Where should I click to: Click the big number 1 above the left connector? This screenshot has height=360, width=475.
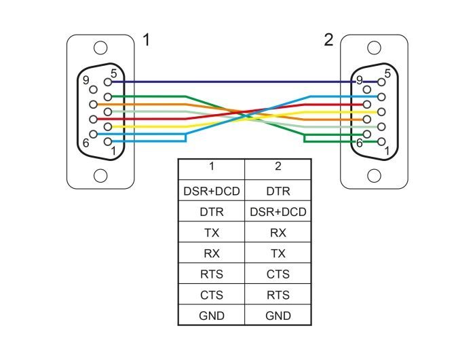point(146,40)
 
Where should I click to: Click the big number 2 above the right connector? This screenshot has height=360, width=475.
point(328,40)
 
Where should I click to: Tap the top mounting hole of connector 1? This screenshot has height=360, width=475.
point(100,48)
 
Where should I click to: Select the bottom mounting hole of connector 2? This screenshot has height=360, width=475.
point(373,176)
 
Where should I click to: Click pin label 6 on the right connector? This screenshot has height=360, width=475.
point(360,143)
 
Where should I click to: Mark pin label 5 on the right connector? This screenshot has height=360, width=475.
point(388,73)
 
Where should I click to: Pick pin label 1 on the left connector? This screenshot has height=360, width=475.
point(113,150)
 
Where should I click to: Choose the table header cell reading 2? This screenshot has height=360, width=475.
point(278,166)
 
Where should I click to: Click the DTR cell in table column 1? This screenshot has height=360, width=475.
point(211,212)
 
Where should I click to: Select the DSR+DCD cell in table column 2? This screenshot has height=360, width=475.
point(278,212)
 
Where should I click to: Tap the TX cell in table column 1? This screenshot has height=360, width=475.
point(211,232)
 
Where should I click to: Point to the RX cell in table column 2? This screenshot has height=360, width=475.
point(278,232)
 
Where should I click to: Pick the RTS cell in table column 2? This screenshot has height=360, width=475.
point(278,295)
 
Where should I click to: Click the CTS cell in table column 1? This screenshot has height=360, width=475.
point(211,295)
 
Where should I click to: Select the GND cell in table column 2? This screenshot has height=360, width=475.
point(278,315)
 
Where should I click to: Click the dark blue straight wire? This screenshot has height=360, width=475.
point(237,82)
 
